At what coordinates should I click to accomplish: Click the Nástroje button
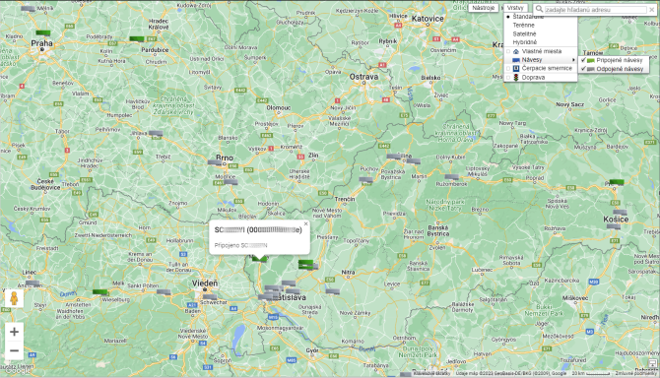(x=484, y=8)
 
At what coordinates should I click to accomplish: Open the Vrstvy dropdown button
(x=515, y=8)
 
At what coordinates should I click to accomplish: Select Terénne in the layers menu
(x=524, y=25)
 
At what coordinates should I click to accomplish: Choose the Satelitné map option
(x=524, y=33)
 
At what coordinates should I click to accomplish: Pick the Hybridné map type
(x=524, y=42)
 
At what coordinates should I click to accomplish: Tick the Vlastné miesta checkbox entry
(x=541, y=51)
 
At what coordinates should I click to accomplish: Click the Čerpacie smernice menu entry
(x=547, y=68)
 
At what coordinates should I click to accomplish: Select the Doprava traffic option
(x=533, y=77)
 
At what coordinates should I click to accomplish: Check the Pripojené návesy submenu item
(x=619, y=60)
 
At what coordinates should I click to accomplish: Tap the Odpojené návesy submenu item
(x=620, y=69)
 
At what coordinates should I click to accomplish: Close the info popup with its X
(x=305, y=223)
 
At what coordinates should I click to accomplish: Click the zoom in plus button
(x=14, y=332)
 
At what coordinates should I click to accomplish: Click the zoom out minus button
(x=14, y=350)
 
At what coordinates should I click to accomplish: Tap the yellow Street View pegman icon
(x=14, y=297)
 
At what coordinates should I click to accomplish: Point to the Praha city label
(x=41, y=43)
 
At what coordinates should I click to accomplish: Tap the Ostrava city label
(x=363, y=76)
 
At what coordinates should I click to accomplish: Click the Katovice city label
(x=428, y=18)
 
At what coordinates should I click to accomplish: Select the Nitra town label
(x=348, y=271)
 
